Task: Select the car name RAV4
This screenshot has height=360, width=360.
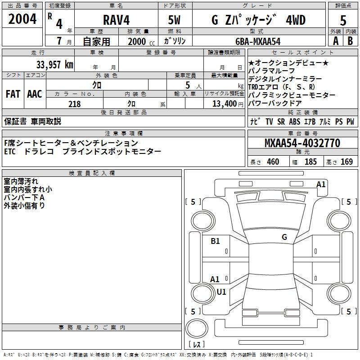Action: pyautogui.click(x=115, y=20)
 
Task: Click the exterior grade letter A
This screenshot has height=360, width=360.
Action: pyautogui.click(x=335, y=40)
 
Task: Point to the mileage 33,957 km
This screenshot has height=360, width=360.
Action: pyautogui.click(x=54, y=64)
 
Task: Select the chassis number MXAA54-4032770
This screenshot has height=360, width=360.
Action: pyautogui.click(x=302, y=143)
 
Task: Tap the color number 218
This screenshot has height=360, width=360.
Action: pyautogui.click(x=74, y=104)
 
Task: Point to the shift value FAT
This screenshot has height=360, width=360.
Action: pyautogui.click(x=13, y=94)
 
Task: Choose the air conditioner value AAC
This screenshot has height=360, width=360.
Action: pyautogui.click(x=35, y=94)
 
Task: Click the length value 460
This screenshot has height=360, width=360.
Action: pyautogui.click(x=273, y=162)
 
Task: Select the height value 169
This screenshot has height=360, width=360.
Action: pyautogui.click(x=347, y=162)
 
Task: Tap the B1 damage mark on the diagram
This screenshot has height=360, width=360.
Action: pyautogui.click(x=215, y=241)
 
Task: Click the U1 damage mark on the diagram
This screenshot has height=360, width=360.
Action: pyautogui.click(x=221, y=292)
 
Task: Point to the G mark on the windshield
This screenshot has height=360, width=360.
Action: pyautogui.click(x=284, y=237)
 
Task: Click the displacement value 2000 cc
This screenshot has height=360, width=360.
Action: pyautogui.click(x=139, y=41)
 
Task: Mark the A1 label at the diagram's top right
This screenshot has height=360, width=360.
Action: pyautogui.click(x=321, y=184)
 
